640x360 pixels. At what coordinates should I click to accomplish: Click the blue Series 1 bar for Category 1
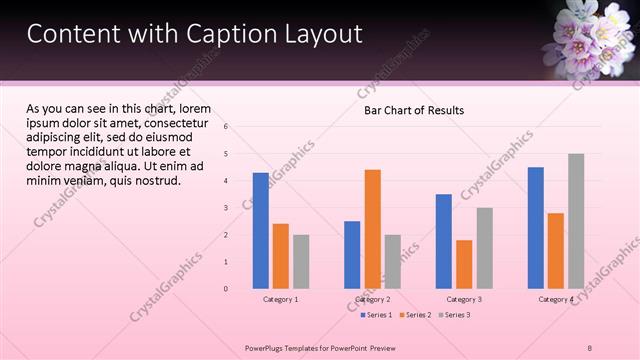coord(260,231)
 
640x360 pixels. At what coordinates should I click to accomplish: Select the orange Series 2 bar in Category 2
coord(372,229)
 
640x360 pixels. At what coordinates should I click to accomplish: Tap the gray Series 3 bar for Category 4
coord(576,221)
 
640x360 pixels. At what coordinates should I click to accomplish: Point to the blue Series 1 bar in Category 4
coord(536,228)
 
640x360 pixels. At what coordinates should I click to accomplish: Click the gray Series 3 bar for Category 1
coord(301,262)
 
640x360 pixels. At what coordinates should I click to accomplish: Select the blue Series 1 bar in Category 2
coord(352,255)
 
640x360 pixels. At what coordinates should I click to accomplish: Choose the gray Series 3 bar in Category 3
coord(484,248)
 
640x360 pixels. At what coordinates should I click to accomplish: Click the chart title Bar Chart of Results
coord(413,110)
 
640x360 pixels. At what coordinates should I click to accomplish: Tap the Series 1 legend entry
coord(377,315)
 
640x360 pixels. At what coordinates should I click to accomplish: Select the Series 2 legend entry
coord(416,315)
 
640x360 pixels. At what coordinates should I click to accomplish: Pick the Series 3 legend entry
coord(455,315)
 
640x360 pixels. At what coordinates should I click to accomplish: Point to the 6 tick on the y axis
coord(227,127)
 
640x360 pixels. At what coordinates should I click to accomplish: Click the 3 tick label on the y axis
coord(227,208)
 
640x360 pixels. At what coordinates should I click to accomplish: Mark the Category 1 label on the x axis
coord(280,299)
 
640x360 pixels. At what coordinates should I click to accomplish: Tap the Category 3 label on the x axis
coord(464,299)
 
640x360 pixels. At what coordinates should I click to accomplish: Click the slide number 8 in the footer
coord(589,347)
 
